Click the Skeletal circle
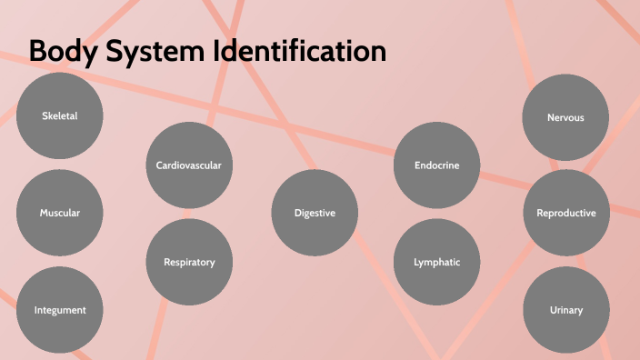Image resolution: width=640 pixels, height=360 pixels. click(60, 115)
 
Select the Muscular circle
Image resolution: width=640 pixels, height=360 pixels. click(60, 213)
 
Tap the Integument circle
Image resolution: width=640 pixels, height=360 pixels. click(60, 309)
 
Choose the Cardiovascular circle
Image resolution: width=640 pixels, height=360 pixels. click(189, 165)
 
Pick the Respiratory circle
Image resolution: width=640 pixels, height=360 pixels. click(189, 262)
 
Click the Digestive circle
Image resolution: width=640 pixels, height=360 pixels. click(315, 213)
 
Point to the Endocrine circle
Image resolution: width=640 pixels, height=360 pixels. click(436, 165)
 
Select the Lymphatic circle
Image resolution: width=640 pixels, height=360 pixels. click(436, 262)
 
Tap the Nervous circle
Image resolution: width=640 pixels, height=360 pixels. click(565, 117)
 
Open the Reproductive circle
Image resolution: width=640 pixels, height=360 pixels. click(565, 213)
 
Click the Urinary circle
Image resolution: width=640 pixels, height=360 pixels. click(565, 309)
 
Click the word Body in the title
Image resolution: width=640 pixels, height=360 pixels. click(60, 52)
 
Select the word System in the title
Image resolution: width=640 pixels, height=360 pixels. click(154, 52)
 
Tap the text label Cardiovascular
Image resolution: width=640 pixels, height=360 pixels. click(189, 165)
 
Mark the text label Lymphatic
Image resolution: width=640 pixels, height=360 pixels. click(436, 262)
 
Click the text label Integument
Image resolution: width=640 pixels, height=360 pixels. click(60, 310)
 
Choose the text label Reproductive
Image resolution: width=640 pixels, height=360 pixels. click(565, 213)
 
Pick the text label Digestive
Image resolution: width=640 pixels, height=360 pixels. click(315, 213)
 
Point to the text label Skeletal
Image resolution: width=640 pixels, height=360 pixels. click(60, 115)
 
